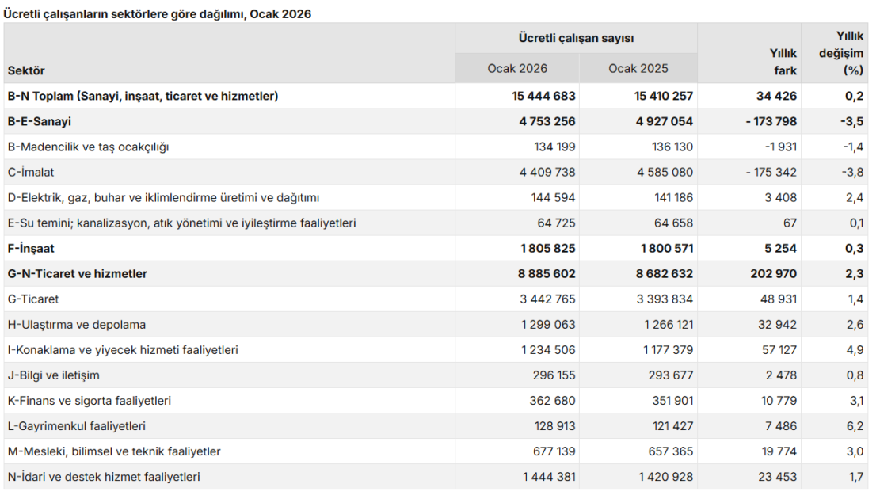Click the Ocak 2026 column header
pyautogui.click(x=517, y=68)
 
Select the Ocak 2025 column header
pyautogui.click(x=638, y=68)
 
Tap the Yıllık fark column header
pyautogui.click(x=783, y=62)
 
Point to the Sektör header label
pyautogui.click(x=26, y=70)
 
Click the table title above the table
pyautogui.click(x=157, y=14)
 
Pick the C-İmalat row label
pyautogui.click(x=31, y=173)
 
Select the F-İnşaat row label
pyautogui.click(x=31, y=248)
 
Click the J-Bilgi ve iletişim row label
pyautogui.click(x=53, y=375)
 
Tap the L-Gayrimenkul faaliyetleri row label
pyautogui.click(x=76, y=426)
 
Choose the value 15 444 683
pyautogui.click(x=543, y=96)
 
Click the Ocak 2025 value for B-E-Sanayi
pyautogui.click(x=665, y=121)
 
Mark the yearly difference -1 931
pyautogui.click(x=781, y=147)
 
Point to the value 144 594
pyautogui.click(x=554, y=197)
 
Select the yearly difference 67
pyautogui.click(x=790, y=223)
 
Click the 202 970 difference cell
pyautogui.click(x=773, y=274)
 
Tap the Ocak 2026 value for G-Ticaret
pyautogui.click(x=547, y=299)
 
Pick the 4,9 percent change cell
pyautogui.click(x=855, y=350)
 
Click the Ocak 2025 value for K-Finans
pyautogui.click(x=671, y=401)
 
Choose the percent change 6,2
pyautogui.click(x=855, y=426)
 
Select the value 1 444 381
pyautogui.click(x=549, y=477)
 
